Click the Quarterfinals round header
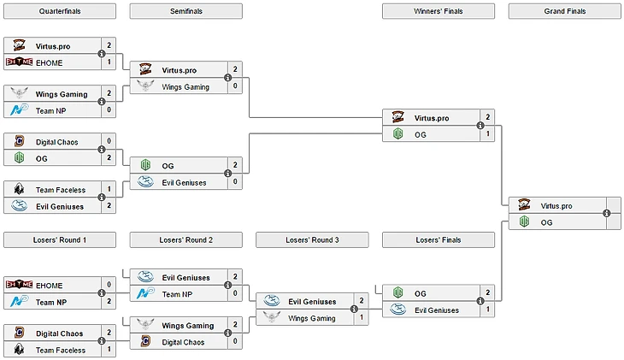(x=60, y=11)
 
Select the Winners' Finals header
(x=439, y=11)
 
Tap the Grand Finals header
(x=564, y=11)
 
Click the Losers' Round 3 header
(x=312, y=239)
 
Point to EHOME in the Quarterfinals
(x=50, y=62)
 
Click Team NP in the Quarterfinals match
(x=50, y=110)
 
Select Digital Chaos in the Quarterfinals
(x=58, y=141)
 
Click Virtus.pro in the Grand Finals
(x=556, y=206)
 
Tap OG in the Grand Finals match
(x=547, y=221)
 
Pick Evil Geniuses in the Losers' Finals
(x=437, y=310)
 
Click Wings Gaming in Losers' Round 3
(x=312, y=317)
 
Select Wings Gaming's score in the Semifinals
(x=235, y=86)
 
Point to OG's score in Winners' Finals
(x=487, y=133)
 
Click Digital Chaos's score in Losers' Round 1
(x=109, y=333)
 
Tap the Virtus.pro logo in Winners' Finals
(x=397, y=118)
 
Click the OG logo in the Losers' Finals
(x=397, y=293)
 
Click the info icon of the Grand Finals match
(x=606, y=214)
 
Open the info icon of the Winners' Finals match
(x=480, y=126)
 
